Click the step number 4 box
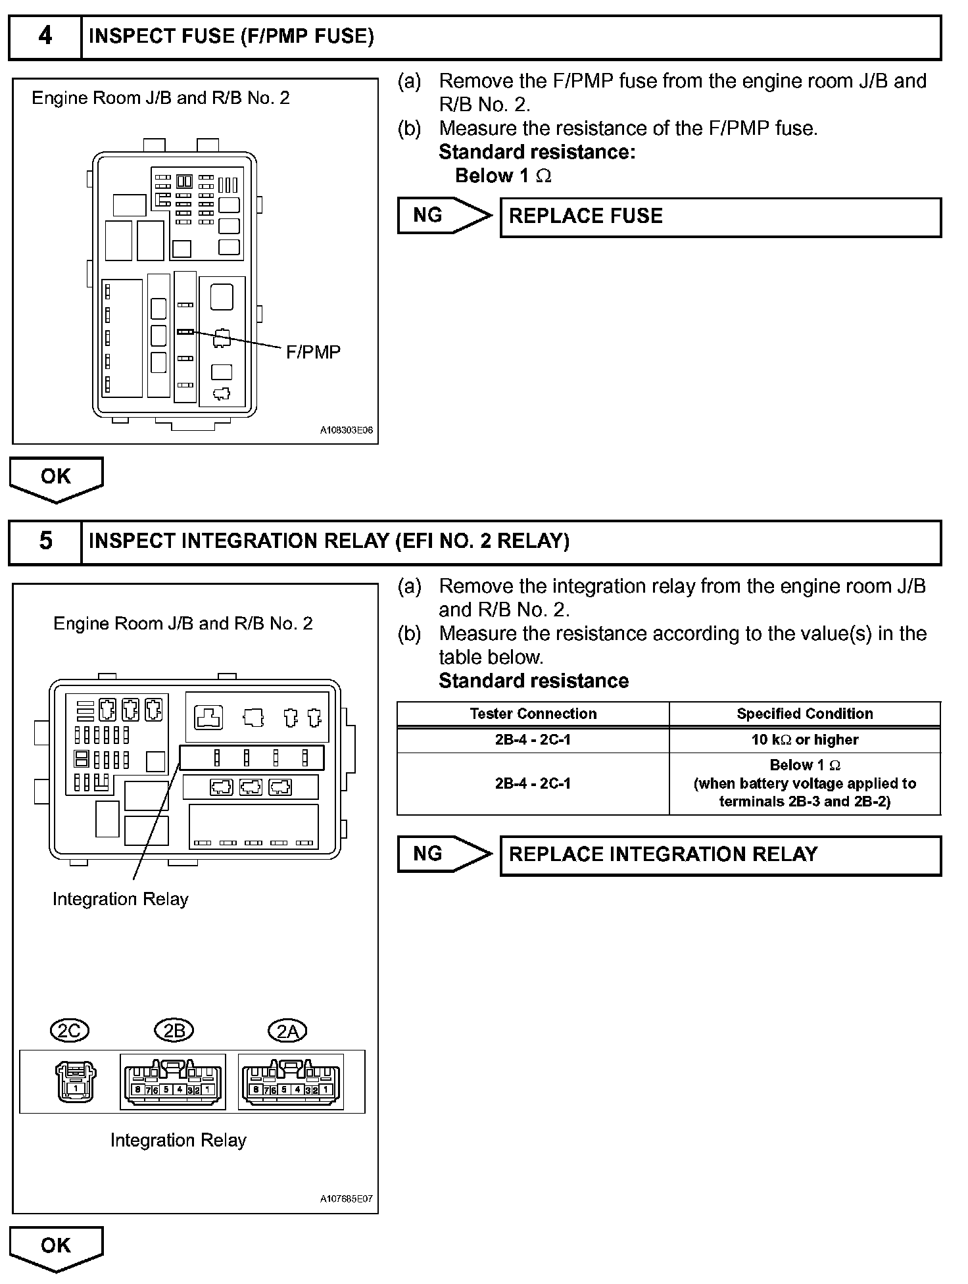tap(45, 36)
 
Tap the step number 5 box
tap(45, 541)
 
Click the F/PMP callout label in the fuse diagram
tap(313, 353)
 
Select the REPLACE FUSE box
tap(720, 217)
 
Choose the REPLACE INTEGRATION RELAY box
tap(720, 855)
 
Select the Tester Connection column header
tap(533, 714)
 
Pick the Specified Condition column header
tap(804, 714)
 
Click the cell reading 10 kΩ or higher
tap(804, 740)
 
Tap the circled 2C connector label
tap(69, 1031)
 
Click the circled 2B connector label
tap(174, 1031)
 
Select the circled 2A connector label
tap(288, 1031)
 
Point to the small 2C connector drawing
tap(76, 1081)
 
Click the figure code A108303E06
tap(346, 430)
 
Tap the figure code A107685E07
tap(346, 1198)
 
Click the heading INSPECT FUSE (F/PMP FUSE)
tap(231, 36)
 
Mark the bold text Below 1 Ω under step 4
tap(503, 176)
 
